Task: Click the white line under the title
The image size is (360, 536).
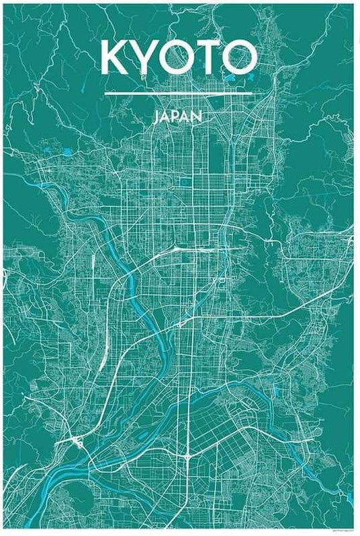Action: point(179,93)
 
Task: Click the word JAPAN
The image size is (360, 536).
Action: point(179,116)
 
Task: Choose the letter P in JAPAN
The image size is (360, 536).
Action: point(178,116)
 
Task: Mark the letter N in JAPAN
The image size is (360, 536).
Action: point(198,116)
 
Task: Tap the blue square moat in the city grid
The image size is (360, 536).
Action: point(184,182)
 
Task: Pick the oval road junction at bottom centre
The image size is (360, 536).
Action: point(187,458)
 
